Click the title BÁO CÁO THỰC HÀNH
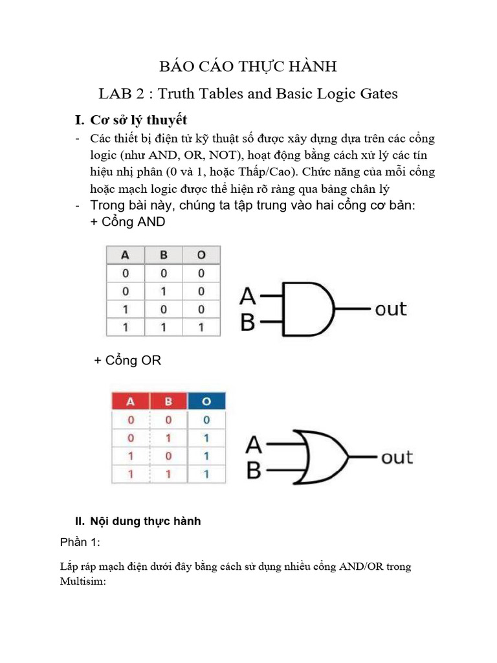pyautogui.click(x=248, y=67)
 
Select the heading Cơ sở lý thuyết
pyautogui.click(x=138, y=120)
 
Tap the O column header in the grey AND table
pyautogui.click(x=201, y=255)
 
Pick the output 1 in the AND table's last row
pyautogui.click(x=201, y=327)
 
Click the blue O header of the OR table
pyautogui.click(x=206, y=401)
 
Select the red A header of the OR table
pyautogui.click(x=131, y=401)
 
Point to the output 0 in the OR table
pyautogui.click(x=206, y=420)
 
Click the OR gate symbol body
pyautogui.click(x=321, y=457)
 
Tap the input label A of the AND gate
pyautogui.click(x=248, y=296)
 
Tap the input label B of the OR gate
pyautogui.click(x=254, y=470)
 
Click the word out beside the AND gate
pyautogui.click(x=390, y=309)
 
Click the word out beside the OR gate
pyautogui.click(x=397, y=458)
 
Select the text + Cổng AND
pyautogui.click(x=127, y=221)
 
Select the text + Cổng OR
pyautogui.click(x=127, y=360)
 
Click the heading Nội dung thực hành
pyautogui.click(x=146, y=521)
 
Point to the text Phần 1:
pyautogui.click(x=80, y=542)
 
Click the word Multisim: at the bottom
pyautogui.click(x=83, y=581)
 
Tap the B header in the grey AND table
pyautogui.click(x=164, y=255)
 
